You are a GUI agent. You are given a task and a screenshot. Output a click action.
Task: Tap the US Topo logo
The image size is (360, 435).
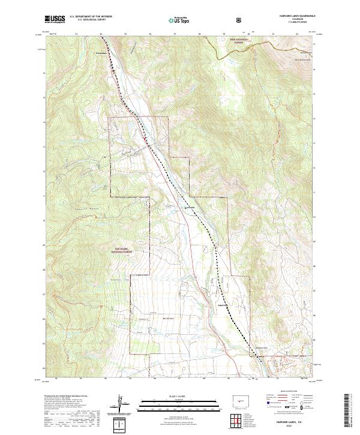click(x=178, y=20)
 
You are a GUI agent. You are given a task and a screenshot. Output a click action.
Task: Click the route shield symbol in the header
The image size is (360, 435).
click(x=240, y=20)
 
